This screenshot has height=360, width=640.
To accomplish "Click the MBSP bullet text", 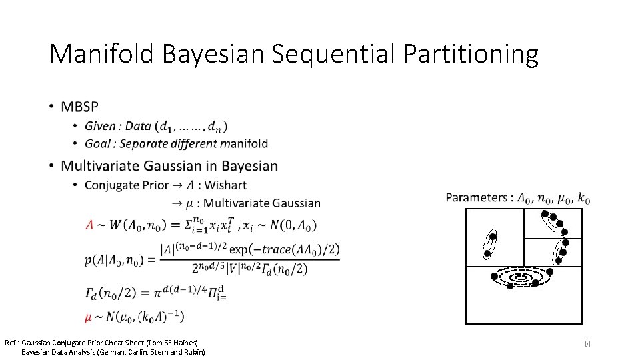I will point(79,107).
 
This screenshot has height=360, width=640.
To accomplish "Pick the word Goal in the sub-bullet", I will point(98,143).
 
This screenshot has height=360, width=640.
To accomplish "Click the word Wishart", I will point(225,185).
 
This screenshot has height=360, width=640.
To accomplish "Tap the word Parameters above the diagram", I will point(476,197).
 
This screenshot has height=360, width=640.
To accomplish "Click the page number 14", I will point(587,343).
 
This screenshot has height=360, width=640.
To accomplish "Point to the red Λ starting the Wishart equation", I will point(89,226).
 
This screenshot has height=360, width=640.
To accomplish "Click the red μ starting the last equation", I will point(89,315).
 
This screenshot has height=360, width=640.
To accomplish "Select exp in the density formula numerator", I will point(240,249).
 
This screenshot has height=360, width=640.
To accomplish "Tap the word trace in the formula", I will point(275,249).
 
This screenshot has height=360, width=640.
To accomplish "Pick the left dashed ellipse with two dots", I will point(490,245).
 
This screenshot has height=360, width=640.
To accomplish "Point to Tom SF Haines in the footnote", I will point(171,342).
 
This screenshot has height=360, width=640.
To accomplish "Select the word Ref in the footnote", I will point(12,342).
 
